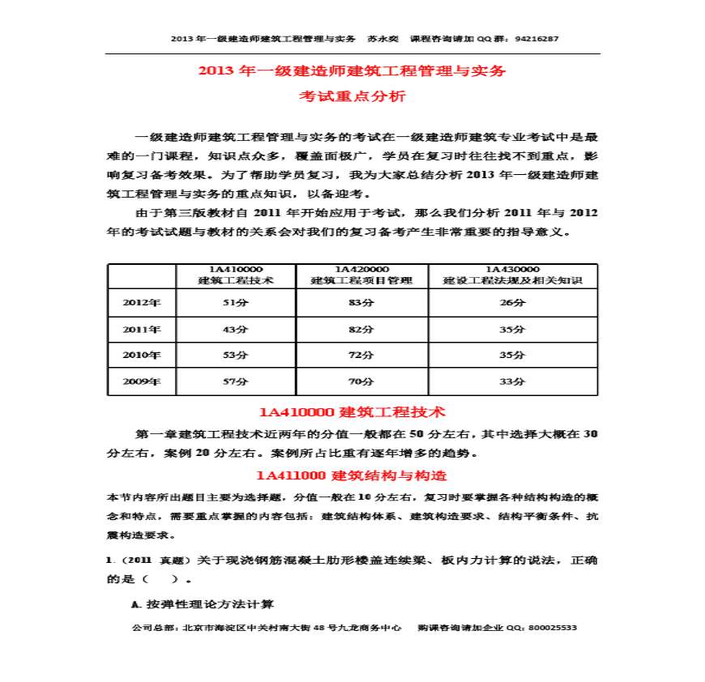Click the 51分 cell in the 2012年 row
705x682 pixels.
tap(235, 303)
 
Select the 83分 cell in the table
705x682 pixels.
tap(362, 303)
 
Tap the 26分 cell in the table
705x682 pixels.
tap(513, 303)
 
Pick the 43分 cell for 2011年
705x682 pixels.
tap(235, 330)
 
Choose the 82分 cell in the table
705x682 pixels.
tap(362, 330)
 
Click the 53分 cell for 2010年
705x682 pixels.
tap(235, 355)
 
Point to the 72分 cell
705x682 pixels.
tap(362, 355)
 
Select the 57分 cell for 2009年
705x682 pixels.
tap(235, 381)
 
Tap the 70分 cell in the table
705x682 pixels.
tap(362, 381)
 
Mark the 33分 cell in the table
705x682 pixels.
tap(513, 381)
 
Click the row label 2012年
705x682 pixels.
tap(142, 303)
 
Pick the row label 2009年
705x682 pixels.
tap(142, 381)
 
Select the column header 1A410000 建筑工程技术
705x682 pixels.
tap(236, 275)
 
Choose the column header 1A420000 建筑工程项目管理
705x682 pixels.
tap(362, 275)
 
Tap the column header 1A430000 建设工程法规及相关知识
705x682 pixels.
tap(513, 275)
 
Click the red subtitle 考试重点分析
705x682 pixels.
tap(352, 96)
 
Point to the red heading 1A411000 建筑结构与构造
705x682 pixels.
tap(352, 475)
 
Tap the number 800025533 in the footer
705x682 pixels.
tap(551, 628)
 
